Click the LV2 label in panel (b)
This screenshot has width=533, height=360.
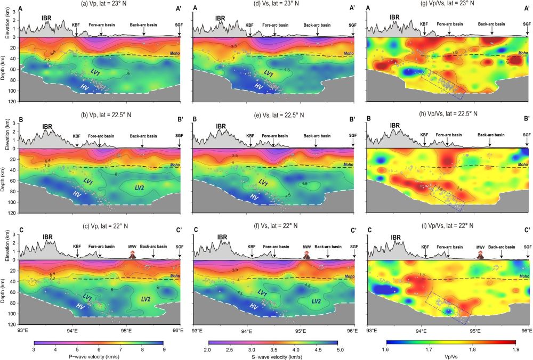[140, 187]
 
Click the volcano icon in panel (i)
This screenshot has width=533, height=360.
[480, 255]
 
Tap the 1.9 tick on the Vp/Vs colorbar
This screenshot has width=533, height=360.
[516, 350]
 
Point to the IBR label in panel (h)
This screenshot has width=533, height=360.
[394, 126]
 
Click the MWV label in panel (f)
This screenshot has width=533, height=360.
[307, 247]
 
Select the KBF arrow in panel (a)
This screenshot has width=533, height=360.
[76, 32]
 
